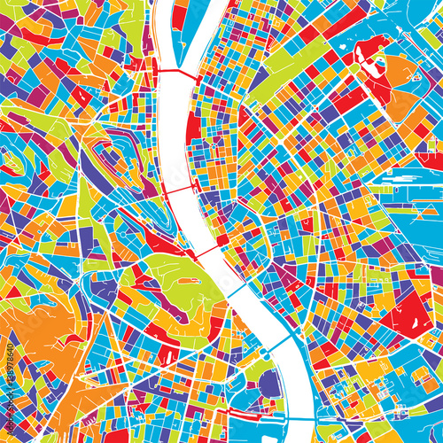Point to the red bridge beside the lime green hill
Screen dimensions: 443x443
click(206, 253)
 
